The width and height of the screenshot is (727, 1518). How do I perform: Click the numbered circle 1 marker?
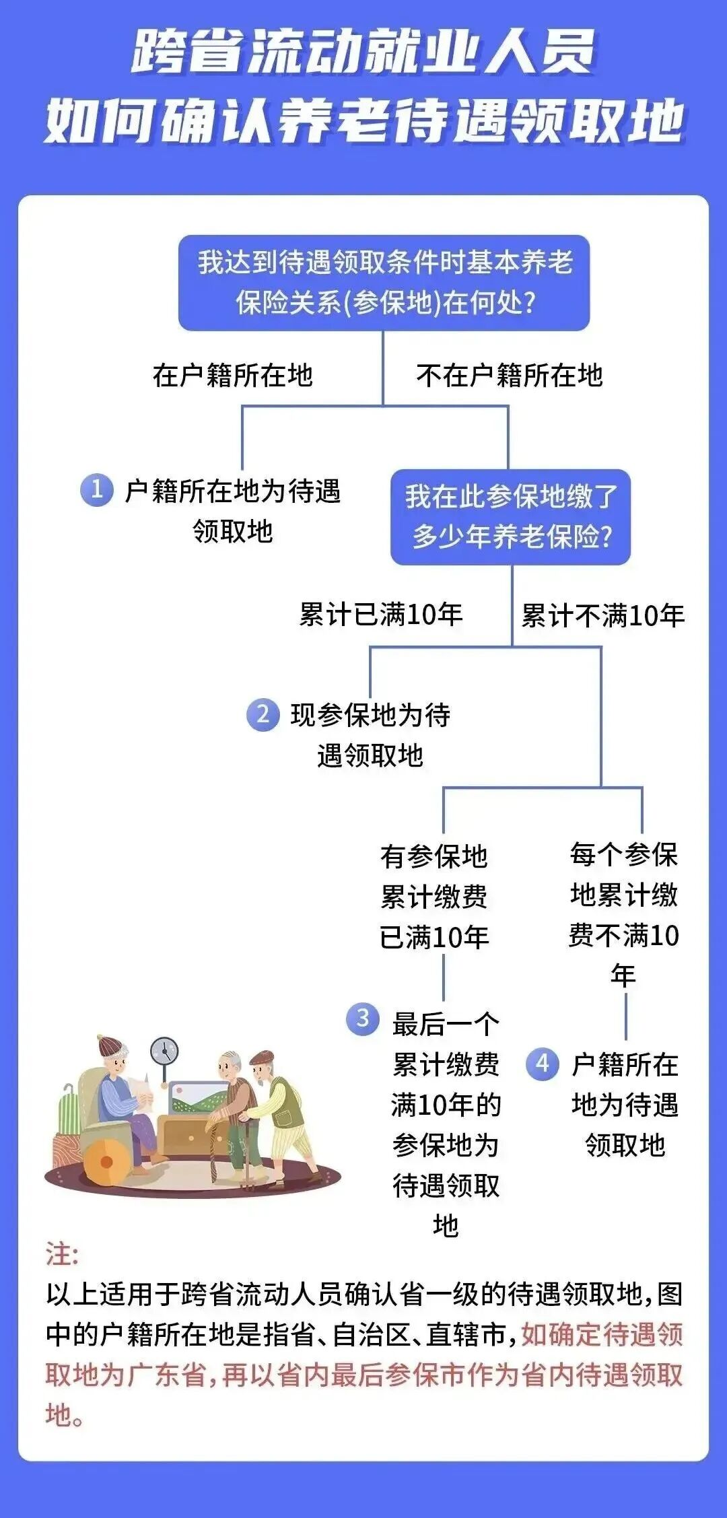tap(96, 489)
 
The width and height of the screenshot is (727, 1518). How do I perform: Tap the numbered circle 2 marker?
tap(263, 714)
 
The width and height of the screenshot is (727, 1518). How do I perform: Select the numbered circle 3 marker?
tap(362, 1019)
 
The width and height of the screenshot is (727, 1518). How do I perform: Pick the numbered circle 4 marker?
tap(543, 1064)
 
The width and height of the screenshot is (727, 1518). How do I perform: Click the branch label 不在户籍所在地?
tap(509, 376)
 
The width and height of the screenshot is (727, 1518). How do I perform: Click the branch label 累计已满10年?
tap(380, 615)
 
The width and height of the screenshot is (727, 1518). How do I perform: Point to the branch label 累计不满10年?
tap(602, 615)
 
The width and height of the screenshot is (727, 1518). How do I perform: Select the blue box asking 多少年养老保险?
tap(511, 517)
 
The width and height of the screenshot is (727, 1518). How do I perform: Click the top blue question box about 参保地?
tap(384, 283)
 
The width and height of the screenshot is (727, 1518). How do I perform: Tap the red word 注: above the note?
tap(62, 1255)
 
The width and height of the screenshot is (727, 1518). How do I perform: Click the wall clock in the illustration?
tap(164, 1051)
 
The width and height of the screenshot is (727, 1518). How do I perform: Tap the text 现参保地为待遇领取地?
tap(370, 734)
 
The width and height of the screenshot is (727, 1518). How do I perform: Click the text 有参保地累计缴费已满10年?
tap(434, 896)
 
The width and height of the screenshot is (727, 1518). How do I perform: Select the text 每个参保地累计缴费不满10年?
tap(623, 914)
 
